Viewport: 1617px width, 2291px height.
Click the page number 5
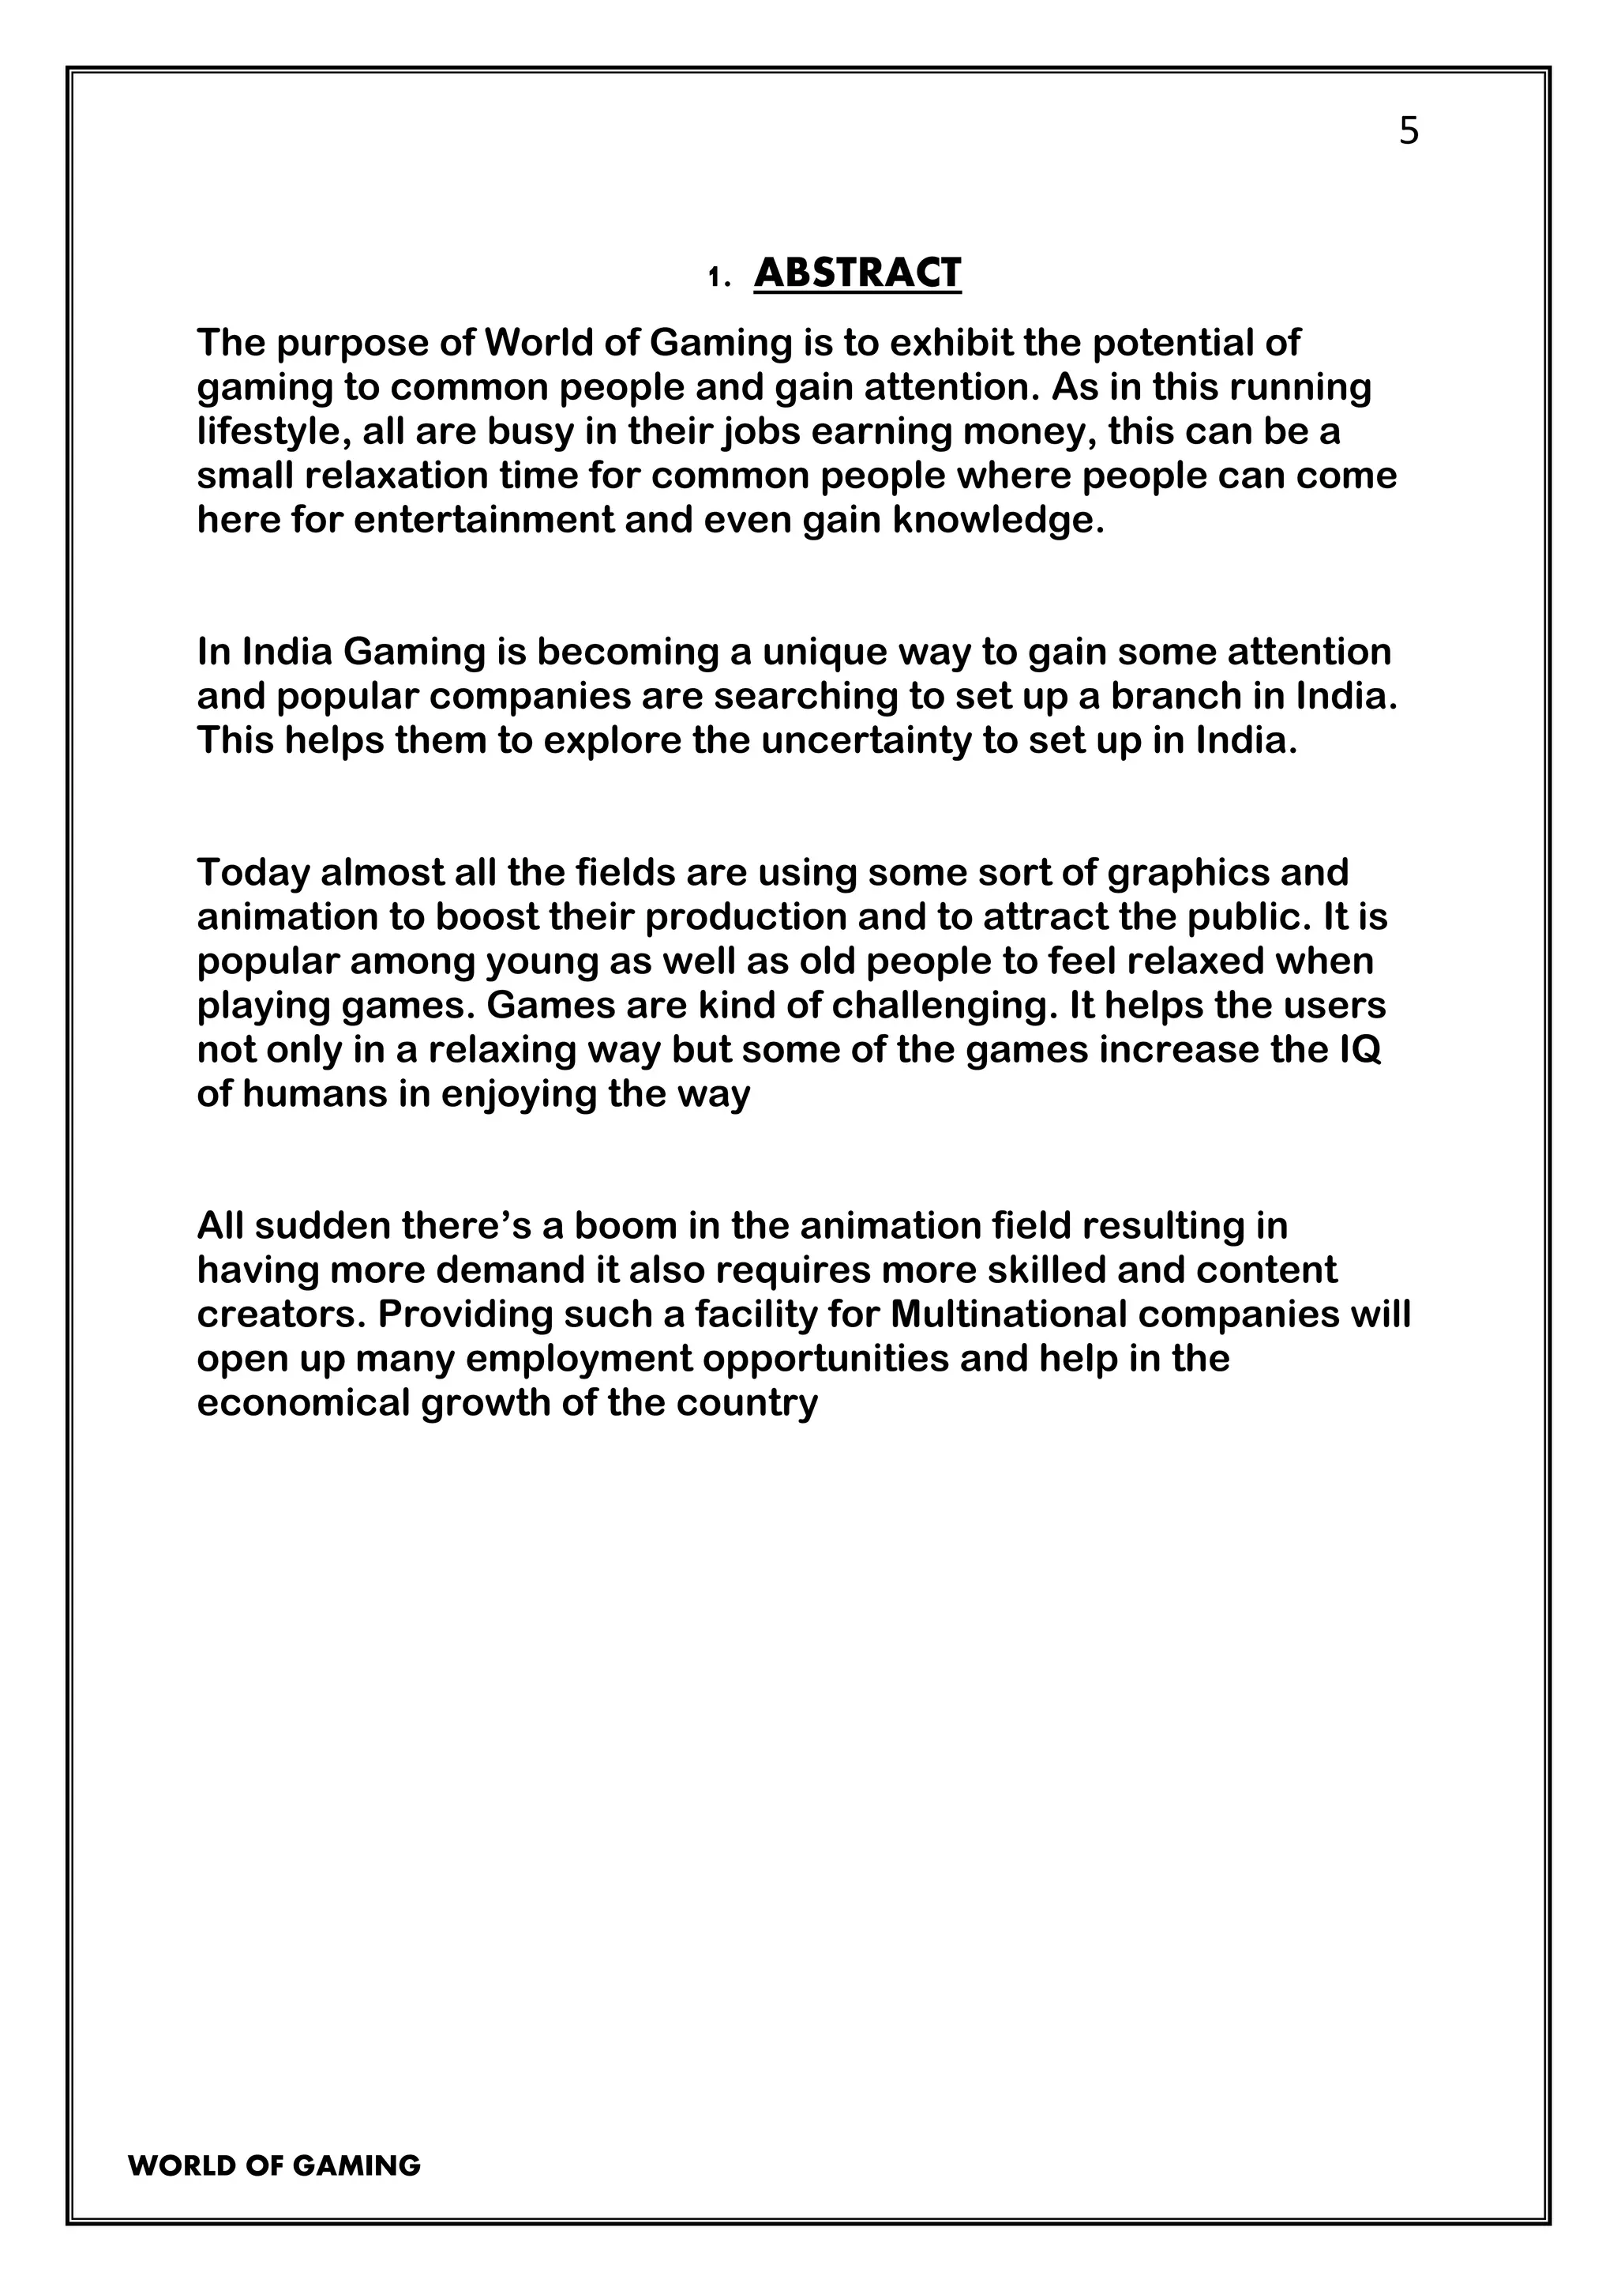coord(1408,130)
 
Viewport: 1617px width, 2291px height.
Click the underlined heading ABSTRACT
coord(857,273)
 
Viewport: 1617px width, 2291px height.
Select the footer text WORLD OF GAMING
coord(274,2166)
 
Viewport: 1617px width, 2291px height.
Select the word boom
coord(616,1225)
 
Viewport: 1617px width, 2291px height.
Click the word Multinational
coord(1007,1314)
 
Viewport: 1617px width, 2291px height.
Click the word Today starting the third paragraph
coord(253,872)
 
